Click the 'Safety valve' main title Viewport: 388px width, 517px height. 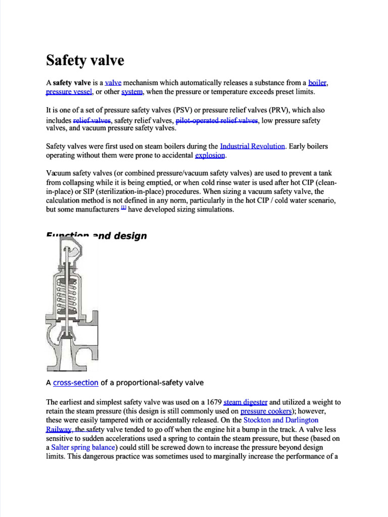(85, 61)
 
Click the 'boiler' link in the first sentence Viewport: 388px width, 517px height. (318, 83)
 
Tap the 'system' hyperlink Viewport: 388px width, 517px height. (132, 92)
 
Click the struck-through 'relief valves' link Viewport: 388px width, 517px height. (92, 121)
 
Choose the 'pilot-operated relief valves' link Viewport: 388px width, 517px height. (217, 121)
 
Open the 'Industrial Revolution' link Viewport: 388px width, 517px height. (253, 146)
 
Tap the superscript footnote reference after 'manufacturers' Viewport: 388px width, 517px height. (124, 209)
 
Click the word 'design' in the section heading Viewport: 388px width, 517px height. (130, 236)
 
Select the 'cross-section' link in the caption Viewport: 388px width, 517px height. (75, 383)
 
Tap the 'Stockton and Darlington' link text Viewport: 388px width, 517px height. (281, 420)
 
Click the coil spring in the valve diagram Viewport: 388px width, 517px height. (68, 298)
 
